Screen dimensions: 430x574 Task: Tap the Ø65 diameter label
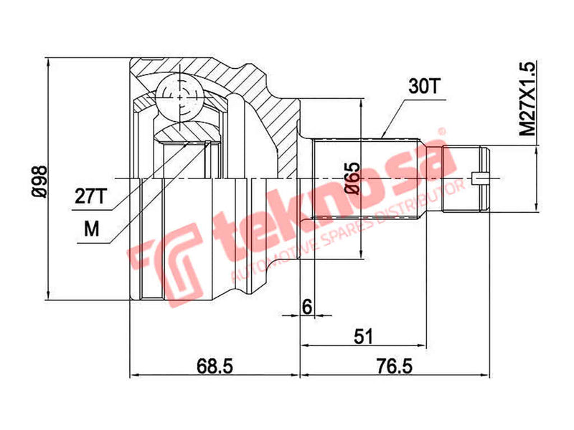pos(352,179)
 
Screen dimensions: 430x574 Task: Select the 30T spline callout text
pos(424,87)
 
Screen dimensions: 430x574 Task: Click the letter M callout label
pos(91,229)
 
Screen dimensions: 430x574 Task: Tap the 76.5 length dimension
pos(394,366)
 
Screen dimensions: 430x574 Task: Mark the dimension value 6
pos(306,306)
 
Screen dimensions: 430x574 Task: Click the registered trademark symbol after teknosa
pos(443,132)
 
